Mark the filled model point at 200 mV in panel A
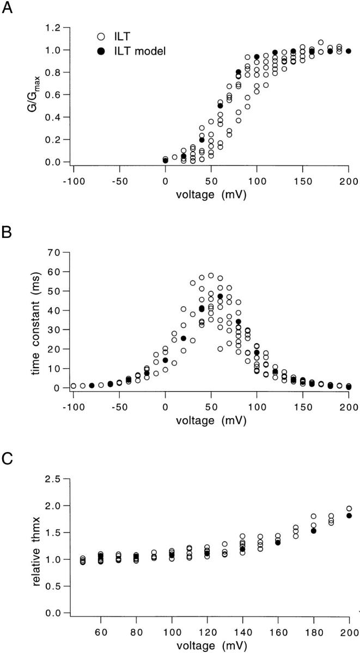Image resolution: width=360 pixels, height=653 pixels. click(349, 51)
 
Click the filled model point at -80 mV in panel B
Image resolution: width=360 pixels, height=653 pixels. click(91, 386)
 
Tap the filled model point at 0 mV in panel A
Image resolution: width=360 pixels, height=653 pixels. click(165, 160)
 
